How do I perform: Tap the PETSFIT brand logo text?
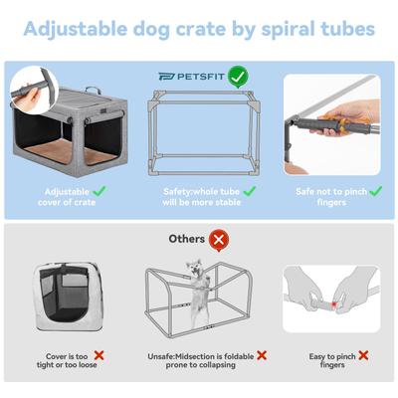[190, 75]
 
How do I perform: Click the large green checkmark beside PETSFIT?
[237, 75]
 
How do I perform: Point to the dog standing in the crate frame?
[194, 284]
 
